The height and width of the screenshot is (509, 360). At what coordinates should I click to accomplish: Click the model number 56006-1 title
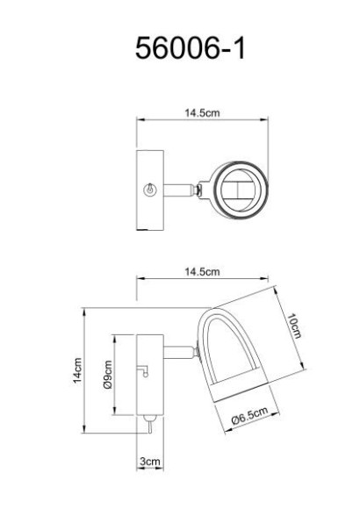point(190,48)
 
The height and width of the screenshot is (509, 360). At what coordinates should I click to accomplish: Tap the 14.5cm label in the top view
point(202,112)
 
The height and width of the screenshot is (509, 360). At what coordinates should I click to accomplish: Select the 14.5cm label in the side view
point(202,271)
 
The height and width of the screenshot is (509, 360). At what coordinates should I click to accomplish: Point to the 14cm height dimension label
point(77,370)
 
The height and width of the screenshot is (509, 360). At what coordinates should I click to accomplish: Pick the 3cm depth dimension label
point(150,461)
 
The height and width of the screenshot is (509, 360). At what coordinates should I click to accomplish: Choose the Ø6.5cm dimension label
point(250,415)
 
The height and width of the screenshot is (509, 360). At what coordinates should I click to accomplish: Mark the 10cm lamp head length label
point(293,326)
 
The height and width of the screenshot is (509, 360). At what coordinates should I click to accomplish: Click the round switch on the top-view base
point(150,190)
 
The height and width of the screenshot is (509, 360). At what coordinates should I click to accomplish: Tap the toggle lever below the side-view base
point(150,424)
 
